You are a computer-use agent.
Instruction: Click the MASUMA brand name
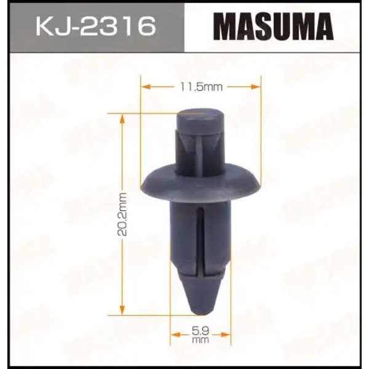pos(273,26)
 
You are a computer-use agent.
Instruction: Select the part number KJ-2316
pos(96,26)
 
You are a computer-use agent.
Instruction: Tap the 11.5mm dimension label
pos(201,87)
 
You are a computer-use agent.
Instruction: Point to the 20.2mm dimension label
pos(122,214)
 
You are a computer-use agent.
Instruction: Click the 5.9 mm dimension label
pos(200,335)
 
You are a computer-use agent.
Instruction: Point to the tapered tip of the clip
pos(200,295)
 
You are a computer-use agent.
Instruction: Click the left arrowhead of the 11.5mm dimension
pos(146,87)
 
